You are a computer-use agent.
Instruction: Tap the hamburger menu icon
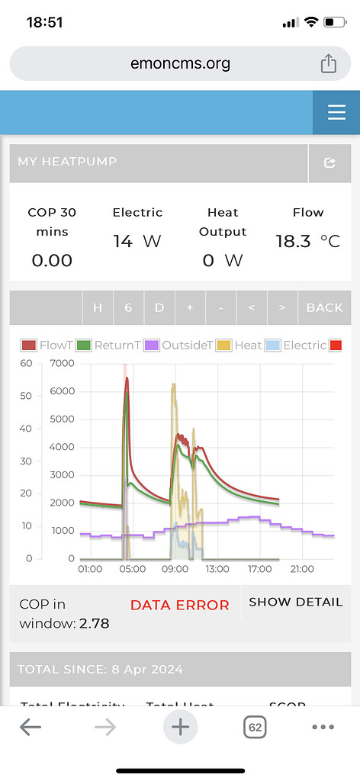(336, 113)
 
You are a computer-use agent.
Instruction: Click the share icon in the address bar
(328, 63)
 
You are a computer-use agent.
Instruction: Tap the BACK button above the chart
(324, 307)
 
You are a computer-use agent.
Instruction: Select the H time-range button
(98, 307)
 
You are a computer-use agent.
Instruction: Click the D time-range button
(159, 307)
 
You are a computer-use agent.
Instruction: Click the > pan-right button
(282, 307)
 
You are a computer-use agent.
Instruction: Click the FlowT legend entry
(47, 345)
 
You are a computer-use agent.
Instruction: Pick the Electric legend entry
(297, 345)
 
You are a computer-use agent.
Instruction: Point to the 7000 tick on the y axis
(63, 363)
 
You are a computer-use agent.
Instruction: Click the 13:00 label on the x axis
(217, 568)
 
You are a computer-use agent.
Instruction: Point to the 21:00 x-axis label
(302, 568)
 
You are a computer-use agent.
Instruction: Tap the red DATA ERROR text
(179, 605)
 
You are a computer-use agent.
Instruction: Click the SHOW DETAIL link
(295, 602)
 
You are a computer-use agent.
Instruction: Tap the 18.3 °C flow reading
(307, 241)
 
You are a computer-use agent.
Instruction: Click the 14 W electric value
(137, 241)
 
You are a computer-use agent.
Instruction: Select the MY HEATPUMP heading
(67, 162)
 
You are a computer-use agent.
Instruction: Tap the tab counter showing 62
(255, 728)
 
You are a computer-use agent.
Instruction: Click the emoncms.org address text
(180, 63)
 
